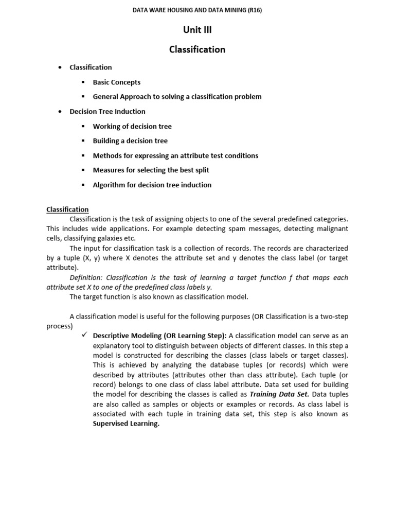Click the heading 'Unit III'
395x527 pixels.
point(197,30)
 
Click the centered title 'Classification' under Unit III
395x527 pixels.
point(197,49)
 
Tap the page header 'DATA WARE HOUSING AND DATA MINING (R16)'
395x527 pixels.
point(197,10)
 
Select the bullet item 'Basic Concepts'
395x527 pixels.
point(116,82)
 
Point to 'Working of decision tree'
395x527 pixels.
point(132,127)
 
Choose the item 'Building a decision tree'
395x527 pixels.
point(130,141)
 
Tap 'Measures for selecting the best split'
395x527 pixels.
point(151,170)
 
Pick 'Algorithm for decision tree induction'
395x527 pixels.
point(152,185)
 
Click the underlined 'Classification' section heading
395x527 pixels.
point(67,209)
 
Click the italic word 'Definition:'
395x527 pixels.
point(85,277)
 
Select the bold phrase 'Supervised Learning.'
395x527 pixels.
point(126,424)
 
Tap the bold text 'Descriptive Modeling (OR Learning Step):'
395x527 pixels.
point(159,336)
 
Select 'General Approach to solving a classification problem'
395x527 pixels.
point(177,97)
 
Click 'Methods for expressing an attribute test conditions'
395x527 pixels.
point(175,156)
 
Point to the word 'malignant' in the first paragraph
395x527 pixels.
point(332,229)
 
